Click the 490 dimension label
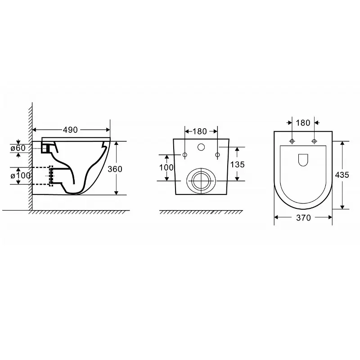point(70,130)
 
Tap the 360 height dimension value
point(115,169)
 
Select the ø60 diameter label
point(18,148)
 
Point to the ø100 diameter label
point(20,175)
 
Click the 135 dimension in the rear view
point(238,164)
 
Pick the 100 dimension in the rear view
point(166,167)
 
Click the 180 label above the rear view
point(199,131)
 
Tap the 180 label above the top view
point(303,123)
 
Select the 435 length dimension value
point(342,175)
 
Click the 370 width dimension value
point(303,218)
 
